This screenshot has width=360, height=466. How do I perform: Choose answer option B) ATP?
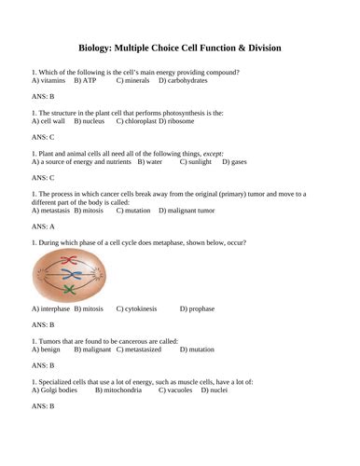(x=85, y=81)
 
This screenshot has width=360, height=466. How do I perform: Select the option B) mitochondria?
(x=122, y=389)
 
